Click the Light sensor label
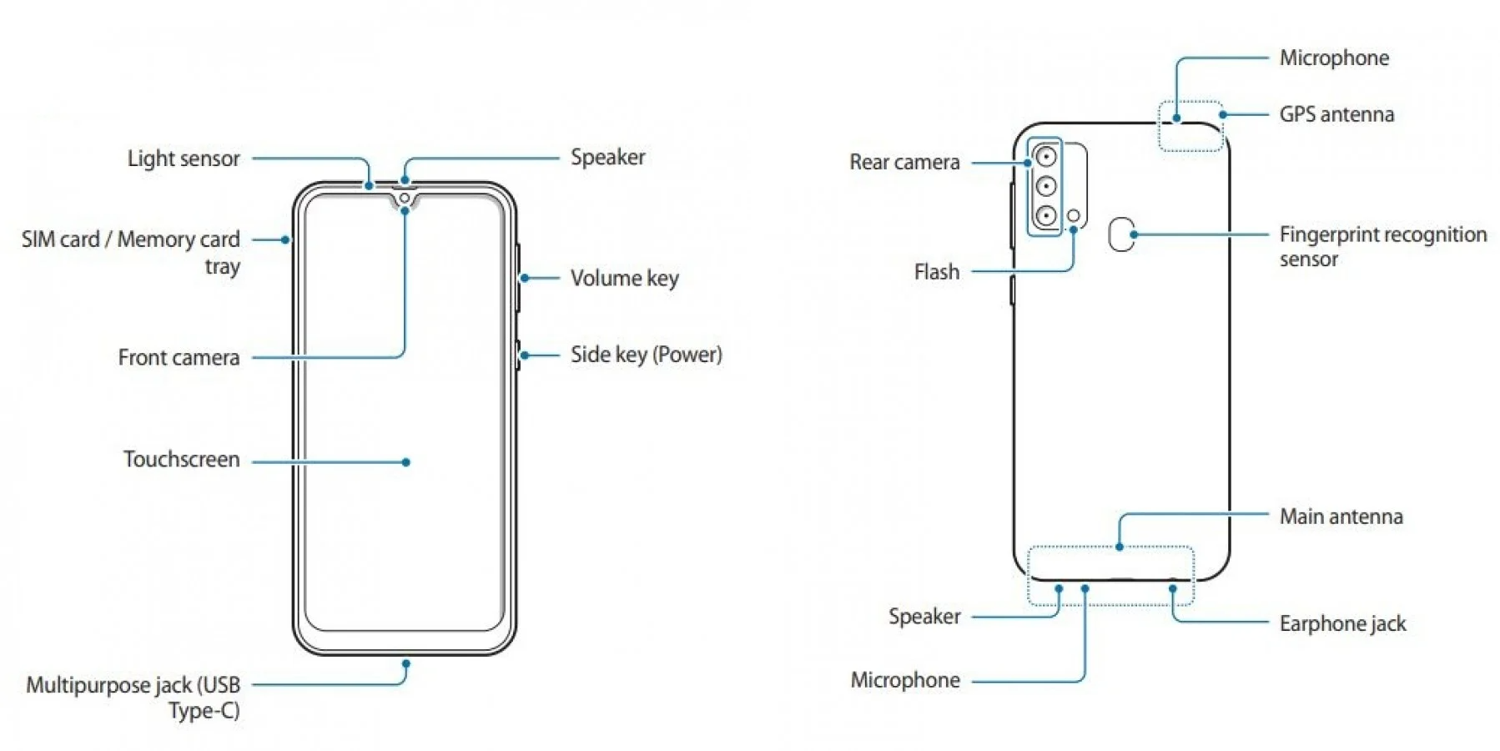click(184, 159)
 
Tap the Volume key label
click(624, 278)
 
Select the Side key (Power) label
click(646, 355)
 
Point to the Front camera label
click(179, 358)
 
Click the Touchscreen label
click(181, 460)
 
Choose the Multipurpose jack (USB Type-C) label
click(133, 698)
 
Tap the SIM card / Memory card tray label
click(131, 252)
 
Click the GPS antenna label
click(1336, 114)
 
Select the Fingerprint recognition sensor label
click(1382, 246)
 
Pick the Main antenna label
click(1341, 517)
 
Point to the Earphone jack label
click(1342, 623)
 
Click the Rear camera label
click(904, 162)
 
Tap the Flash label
click(936, 272)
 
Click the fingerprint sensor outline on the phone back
click(1121, 234)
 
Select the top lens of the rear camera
click(1045, 156)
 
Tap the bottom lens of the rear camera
click(1045, 216)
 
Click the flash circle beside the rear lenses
click(1074, 216)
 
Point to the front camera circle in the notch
click(405, 199)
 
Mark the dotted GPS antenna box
click(1190, 127)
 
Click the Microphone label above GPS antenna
click(1334, 58)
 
